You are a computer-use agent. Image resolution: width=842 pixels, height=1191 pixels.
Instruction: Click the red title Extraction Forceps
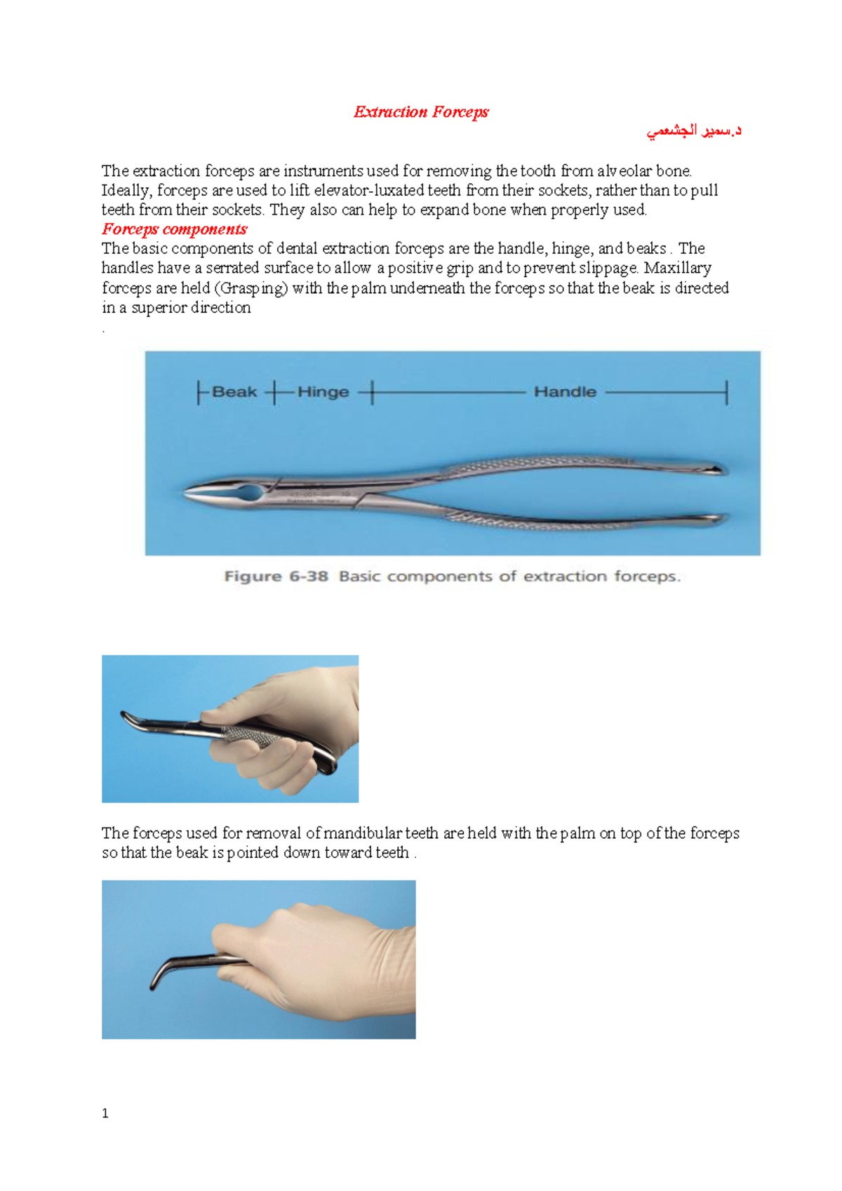421,112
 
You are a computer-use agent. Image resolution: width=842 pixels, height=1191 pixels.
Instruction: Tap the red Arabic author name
694,131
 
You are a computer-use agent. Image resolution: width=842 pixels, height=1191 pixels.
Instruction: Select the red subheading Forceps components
175,229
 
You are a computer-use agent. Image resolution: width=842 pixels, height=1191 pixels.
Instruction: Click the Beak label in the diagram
234,392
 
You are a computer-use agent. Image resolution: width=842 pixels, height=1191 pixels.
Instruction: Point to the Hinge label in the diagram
323,392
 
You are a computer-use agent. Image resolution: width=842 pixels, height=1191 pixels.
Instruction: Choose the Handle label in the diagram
565,392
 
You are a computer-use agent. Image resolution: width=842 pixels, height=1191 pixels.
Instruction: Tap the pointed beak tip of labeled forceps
188,494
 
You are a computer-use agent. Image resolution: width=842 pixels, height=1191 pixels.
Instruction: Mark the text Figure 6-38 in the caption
276,577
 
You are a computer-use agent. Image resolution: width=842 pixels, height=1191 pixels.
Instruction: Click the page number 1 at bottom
105,1114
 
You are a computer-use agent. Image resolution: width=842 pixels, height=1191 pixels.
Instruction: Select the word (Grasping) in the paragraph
251,288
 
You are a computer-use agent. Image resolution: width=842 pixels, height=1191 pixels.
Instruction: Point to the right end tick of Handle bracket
726,392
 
